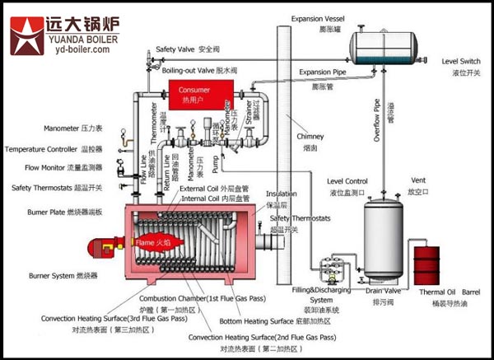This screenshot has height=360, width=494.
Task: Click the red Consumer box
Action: [x=195, y=93]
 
